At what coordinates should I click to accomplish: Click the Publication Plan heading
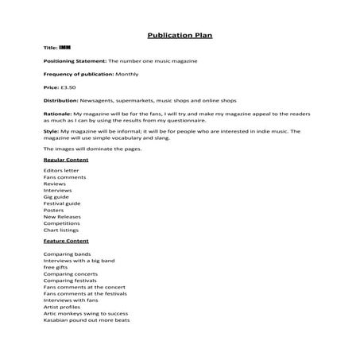180,35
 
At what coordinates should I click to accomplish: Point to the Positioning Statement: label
75,60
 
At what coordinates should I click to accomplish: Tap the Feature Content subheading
66,240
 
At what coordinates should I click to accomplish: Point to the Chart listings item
61,230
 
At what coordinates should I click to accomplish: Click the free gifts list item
56,267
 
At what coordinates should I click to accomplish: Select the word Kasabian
56,320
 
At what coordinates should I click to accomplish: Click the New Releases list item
61,216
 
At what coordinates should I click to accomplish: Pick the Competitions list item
62,223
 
